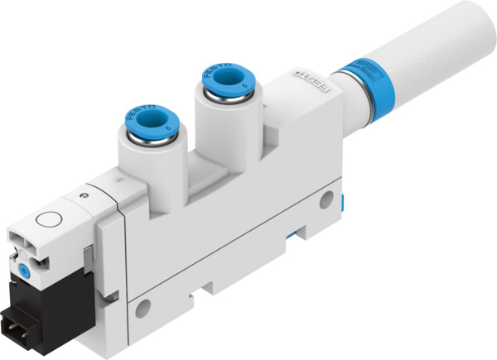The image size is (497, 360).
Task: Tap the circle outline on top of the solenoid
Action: coord(51,222)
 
